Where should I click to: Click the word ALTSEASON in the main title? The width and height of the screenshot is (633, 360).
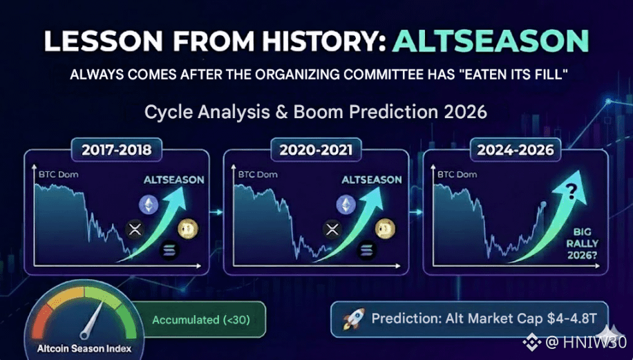click(491, 41)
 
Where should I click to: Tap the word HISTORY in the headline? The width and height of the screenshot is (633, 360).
click(323, 41)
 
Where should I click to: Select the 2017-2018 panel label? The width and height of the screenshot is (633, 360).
click(117, 150)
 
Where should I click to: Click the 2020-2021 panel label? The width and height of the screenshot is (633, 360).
click(316, 150)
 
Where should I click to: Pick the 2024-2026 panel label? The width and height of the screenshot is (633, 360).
click(515, 150)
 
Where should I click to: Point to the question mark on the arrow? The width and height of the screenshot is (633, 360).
click(571, 191)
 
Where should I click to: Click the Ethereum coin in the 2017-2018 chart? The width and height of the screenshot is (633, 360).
click(149, 205)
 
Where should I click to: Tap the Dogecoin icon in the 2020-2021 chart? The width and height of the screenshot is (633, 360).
click(385, 229)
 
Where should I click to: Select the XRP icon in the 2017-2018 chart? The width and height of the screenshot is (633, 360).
click(135, 229)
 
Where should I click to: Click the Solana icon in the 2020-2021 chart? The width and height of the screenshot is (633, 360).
click(366, 249)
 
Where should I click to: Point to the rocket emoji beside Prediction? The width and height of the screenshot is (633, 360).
click(354, 319)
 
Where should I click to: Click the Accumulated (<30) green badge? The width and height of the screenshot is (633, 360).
click(200, 320)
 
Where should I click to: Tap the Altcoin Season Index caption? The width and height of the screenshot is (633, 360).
click(84, 348)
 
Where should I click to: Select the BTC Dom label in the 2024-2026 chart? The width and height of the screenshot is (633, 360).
click(457, 174)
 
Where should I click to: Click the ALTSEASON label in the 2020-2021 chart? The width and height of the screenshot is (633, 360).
click(372, 180)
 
